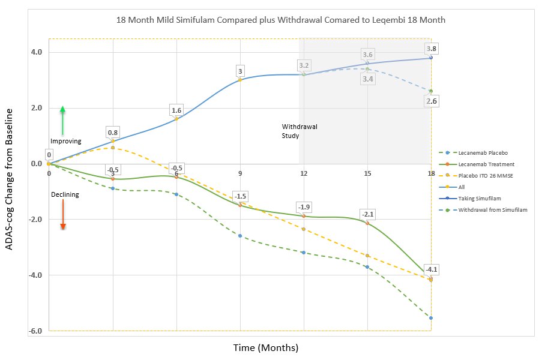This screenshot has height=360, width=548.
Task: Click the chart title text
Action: coord(282,19)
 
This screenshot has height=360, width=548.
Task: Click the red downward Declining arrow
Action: coord(62,214)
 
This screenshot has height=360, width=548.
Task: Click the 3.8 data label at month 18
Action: coord(431,48)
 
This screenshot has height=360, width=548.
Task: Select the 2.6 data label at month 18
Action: coord(431,102)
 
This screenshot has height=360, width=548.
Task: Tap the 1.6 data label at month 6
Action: coord(176,110)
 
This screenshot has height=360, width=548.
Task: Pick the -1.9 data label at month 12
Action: coord(304,208)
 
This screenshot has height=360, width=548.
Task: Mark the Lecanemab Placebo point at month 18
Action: coord(431,318)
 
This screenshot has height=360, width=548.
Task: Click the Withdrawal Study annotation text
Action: coord(299,131)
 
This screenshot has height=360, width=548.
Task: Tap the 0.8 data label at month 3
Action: coord(112,132)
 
